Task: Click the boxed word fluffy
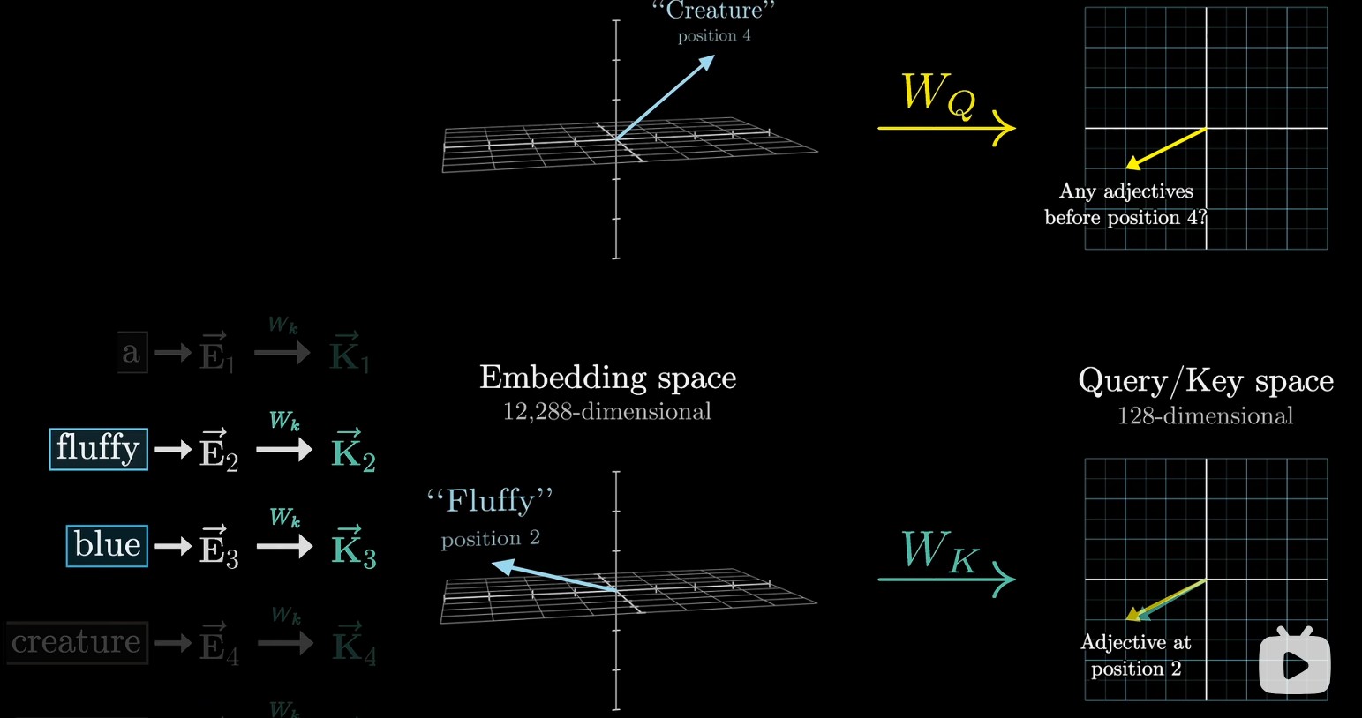98,448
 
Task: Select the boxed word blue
107,545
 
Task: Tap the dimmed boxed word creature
77,642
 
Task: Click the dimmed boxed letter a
132,353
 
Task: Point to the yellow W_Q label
937,94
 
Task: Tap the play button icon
1294,663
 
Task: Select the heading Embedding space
607,378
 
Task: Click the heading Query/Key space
1205,380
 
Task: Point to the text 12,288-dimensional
607,412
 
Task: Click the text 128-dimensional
1205,415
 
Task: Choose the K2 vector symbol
353,451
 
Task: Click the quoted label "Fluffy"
490,501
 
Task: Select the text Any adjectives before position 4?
1125,205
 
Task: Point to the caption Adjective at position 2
1136,655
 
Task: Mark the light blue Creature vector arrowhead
706,62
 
